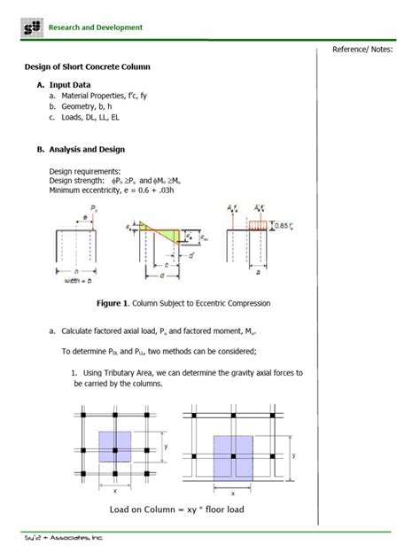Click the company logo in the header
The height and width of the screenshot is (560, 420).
tap(32, 27)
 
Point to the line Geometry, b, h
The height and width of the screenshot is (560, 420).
tap(90, 105)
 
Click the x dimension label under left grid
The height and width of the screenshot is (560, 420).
tap(113, 488)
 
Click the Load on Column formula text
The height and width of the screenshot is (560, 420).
tap(176, 509)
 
